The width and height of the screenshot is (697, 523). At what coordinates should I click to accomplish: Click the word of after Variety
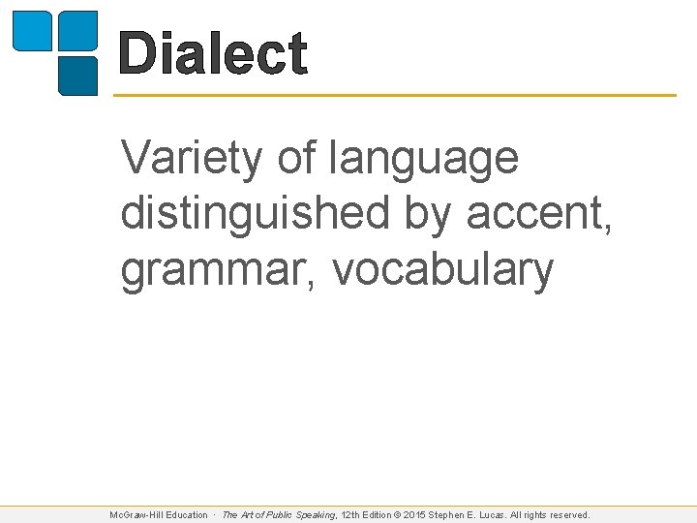[x=296, y=158]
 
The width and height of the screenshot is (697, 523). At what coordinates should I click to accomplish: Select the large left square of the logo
[x=30, y=30]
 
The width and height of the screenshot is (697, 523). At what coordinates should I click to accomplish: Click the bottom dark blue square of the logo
[x=78, y=76]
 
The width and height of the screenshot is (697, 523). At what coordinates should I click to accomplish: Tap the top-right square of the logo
[x=78, y=30]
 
